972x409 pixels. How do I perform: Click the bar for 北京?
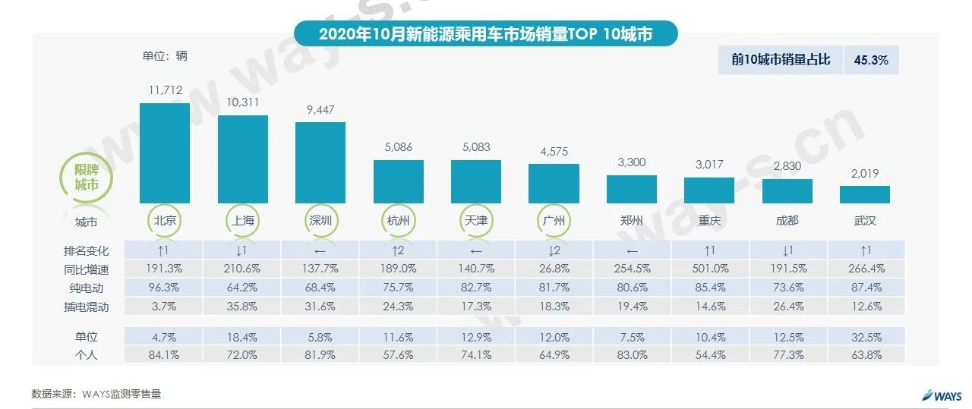click(x=165, y=153)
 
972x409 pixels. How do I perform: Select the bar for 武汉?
click(x=864, y=194)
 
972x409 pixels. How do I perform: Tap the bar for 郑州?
click(x=631, y=189)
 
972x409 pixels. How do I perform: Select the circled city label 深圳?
click(x=320, y=222)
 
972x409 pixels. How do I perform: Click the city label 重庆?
click(x=709, y=222)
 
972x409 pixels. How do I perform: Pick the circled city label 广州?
click(x=554, y=222)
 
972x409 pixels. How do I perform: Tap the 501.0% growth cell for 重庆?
click(x=709, y=269)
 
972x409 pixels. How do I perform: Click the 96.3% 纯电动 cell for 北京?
click(x=165, y=287)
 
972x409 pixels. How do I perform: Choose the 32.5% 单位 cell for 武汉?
click(x=864, y=336)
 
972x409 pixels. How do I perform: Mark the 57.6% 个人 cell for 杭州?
click(x=398, y=354)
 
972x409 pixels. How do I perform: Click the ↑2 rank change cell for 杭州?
click(x=398, y=250)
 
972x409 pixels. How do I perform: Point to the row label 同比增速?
click(x=87, y=269)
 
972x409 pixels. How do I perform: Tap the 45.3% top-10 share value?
click(x=871, y=60)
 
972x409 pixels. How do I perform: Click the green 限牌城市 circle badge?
click(x=86, y=178)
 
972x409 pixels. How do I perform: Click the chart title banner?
click(x=485, y=34)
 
